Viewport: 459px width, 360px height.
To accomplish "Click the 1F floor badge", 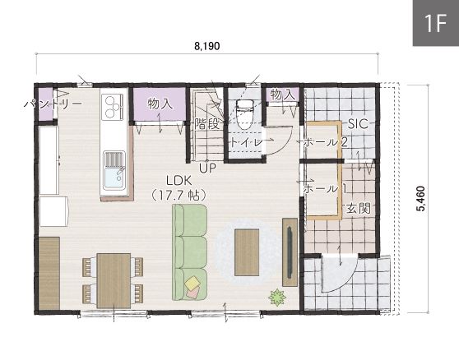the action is coord(436,23).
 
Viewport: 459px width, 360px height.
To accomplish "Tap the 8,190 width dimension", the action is coord(207,46).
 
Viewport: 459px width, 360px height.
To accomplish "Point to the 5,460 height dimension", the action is coord(421,199).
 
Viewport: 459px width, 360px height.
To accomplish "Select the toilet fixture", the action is coord(244,114).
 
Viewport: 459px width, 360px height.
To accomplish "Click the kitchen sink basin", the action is coord(114,178).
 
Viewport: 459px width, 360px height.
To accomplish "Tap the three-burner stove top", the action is coord(112,107).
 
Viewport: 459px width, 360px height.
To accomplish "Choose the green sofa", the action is coord(190,252).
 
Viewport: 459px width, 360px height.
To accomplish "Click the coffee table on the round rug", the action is coord(247,252).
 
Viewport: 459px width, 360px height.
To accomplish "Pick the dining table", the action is coord(114,281).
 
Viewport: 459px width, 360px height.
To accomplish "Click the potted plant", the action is coord(277,298).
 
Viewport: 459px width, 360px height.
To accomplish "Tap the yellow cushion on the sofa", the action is coord(192,283).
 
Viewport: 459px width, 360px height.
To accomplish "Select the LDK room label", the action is coord(178,181).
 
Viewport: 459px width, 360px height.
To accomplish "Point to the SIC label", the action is coord(358,124).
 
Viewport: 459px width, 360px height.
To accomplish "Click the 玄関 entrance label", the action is coord(359,209).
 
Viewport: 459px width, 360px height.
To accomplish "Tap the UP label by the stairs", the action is coord(207,168).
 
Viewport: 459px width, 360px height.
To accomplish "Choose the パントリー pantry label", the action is coord(53,104).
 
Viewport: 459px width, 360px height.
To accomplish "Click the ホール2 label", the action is coord(325,142).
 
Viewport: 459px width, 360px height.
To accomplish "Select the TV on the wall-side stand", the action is coord(290,252).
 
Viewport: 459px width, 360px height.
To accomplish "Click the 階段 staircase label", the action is coord(207,124).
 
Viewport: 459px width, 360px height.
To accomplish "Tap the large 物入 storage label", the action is coord(160,104).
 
